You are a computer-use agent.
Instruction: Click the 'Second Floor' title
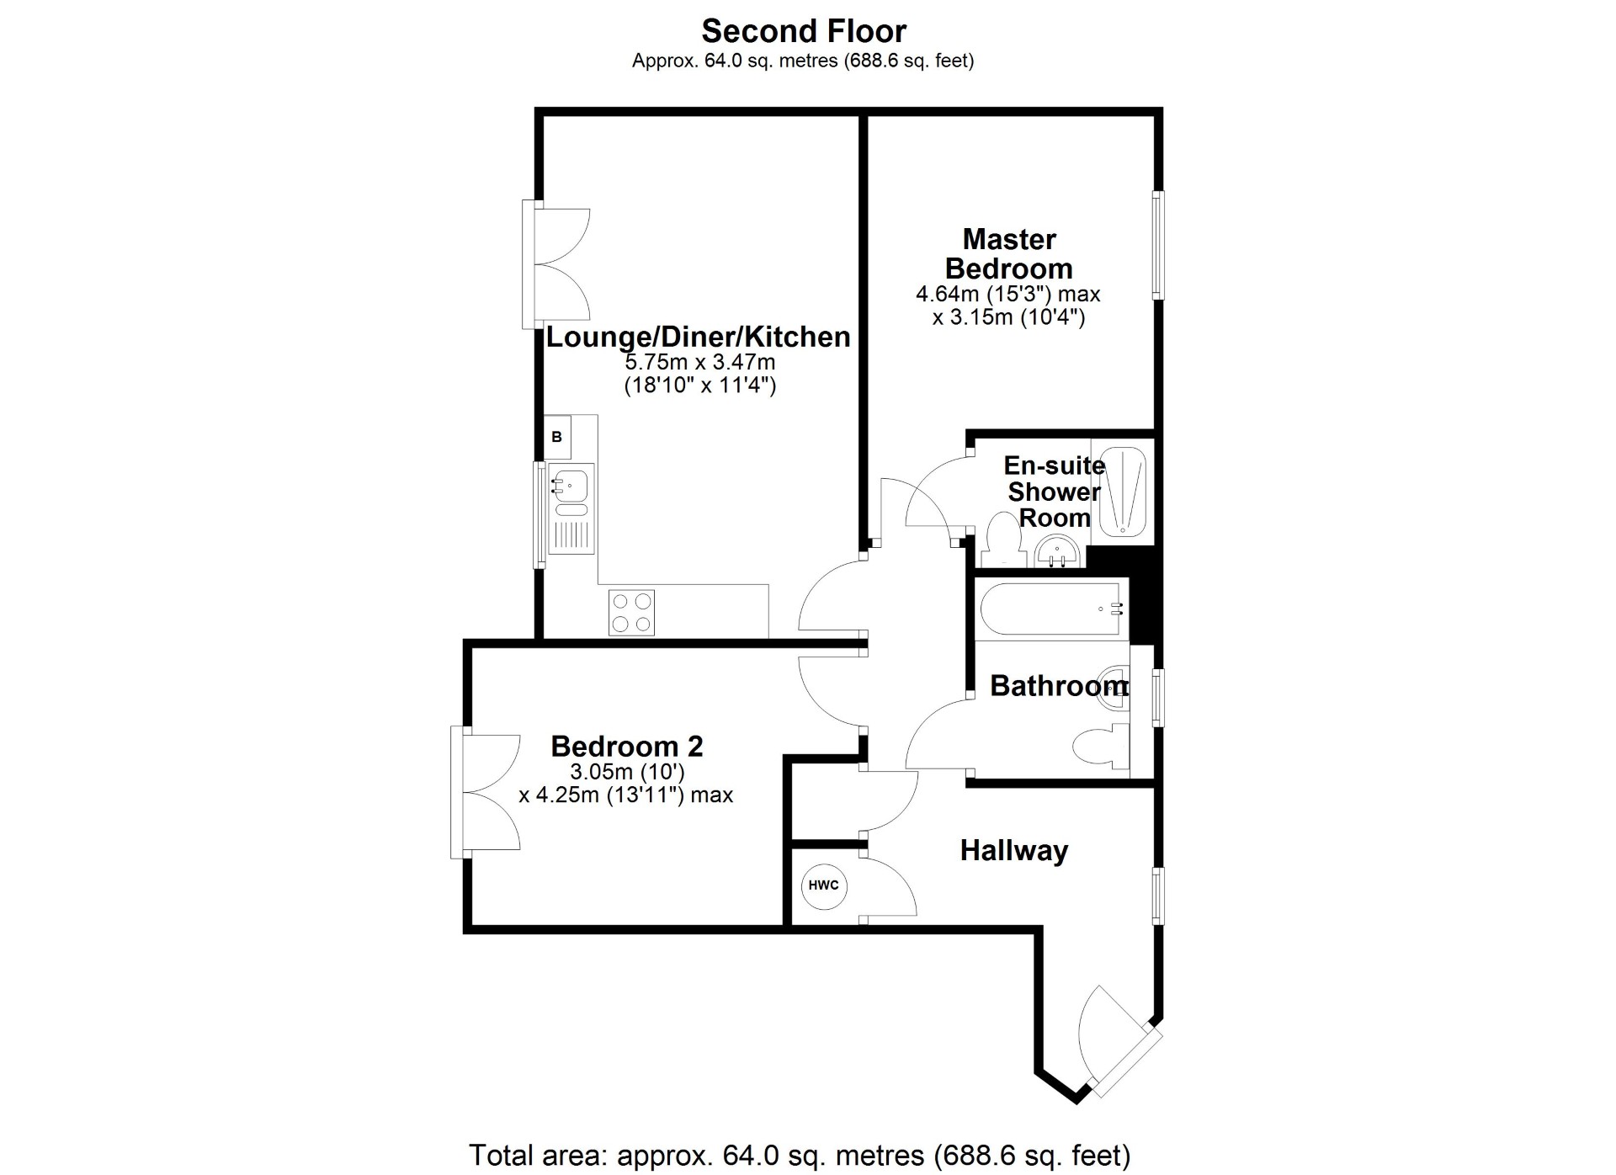[804, 31]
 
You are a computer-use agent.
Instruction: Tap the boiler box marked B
[556, 438]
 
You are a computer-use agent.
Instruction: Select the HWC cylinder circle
[823, 885]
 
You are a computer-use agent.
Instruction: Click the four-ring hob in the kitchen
[631, 613]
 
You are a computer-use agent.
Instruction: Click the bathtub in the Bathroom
[1052, 609]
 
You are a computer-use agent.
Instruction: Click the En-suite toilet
[1002, 539]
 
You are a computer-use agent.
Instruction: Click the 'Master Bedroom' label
[1008, 254]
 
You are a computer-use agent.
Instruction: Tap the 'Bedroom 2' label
[626, 746]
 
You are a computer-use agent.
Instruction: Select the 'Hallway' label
[1013, 850]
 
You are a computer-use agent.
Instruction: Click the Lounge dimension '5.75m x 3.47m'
[699, 363]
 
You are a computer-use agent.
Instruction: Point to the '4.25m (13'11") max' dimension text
[625, 795]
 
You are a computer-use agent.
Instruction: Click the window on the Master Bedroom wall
[1158, 245]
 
